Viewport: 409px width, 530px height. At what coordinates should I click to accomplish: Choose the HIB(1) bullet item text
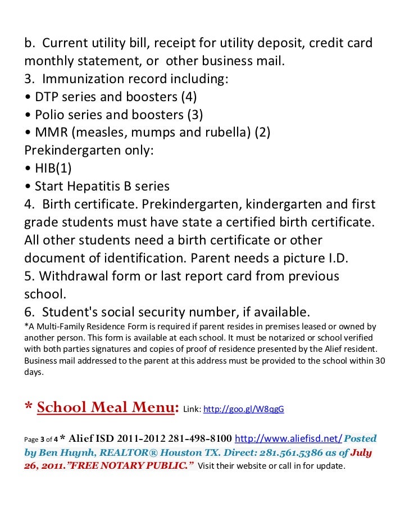tap(53, 168)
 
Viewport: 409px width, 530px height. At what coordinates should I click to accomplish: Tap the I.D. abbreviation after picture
tap(335, 258)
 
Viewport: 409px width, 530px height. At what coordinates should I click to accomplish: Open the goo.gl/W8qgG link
tap(243, 409)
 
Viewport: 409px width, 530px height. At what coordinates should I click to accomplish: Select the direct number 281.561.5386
tap(292, 453)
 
